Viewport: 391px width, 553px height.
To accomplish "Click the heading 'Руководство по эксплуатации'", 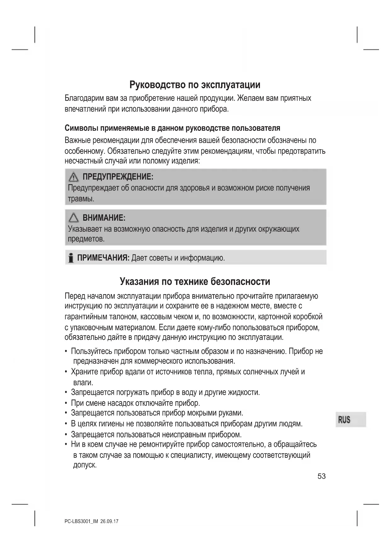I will (x=195, y=84).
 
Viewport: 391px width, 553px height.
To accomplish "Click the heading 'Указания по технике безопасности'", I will (x=195, y=281).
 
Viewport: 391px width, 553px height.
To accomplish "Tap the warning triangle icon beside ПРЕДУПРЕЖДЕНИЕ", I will (x=73, y=177).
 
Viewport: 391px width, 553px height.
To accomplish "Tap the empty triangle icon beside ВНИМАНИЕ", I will (x=73, y=218).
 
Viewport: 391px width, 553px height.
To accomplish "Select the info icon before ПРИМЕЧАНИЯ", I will (x=71, y=258).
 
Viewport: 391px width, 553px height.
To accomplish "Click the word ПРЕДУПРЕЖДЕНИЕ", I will (x=118, y=177).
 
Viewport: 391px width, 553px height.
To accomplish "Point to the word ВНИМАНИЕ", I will (x=104, y=218).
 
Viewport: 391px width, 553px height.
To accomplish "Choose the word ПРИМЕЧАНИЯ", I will (x=103, y=258).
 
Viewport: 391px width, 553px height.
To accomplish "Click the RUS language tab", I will (x=344, y=420).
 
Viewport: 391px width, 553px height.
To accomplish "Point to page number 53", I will (x=321, y=476).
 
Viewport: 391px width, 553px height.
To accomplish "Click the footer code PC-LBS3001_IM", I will (x=81, y=521).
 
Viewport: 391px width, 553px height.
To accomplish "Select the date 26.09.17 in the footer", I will (x=110, y=521).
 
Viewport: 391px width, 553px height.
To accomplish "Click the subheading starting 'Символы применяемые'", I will (x=172, y=128).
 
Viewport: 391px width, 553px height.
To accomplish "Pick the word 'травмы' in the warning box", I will (x=81, y=199).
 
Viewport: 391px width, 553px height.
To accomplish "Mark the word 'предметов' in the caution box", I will (x=86, y=239).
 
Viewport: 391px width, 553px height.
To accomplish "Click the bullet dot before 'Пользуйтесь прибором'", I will (x=66, y=352).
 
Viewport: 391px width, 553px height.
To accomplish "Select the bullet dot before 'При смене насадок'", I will (x=66, y=403).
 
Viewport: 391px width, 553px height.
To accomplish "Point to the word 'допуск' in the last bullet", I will (x=84, y=465).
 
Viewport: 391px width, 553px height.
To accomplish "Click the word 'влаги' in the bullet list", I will (x=83, y=383).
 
